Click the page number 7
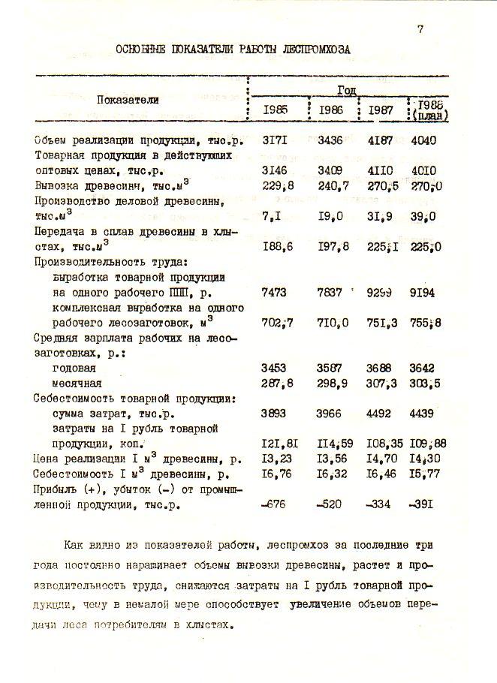click(x=420, y=30)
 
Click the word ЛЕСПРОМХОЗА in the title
click(x=316, y=49)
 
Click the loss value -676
click(x=275, y=504)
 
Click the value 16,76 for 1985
click(x=275, y=474)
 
